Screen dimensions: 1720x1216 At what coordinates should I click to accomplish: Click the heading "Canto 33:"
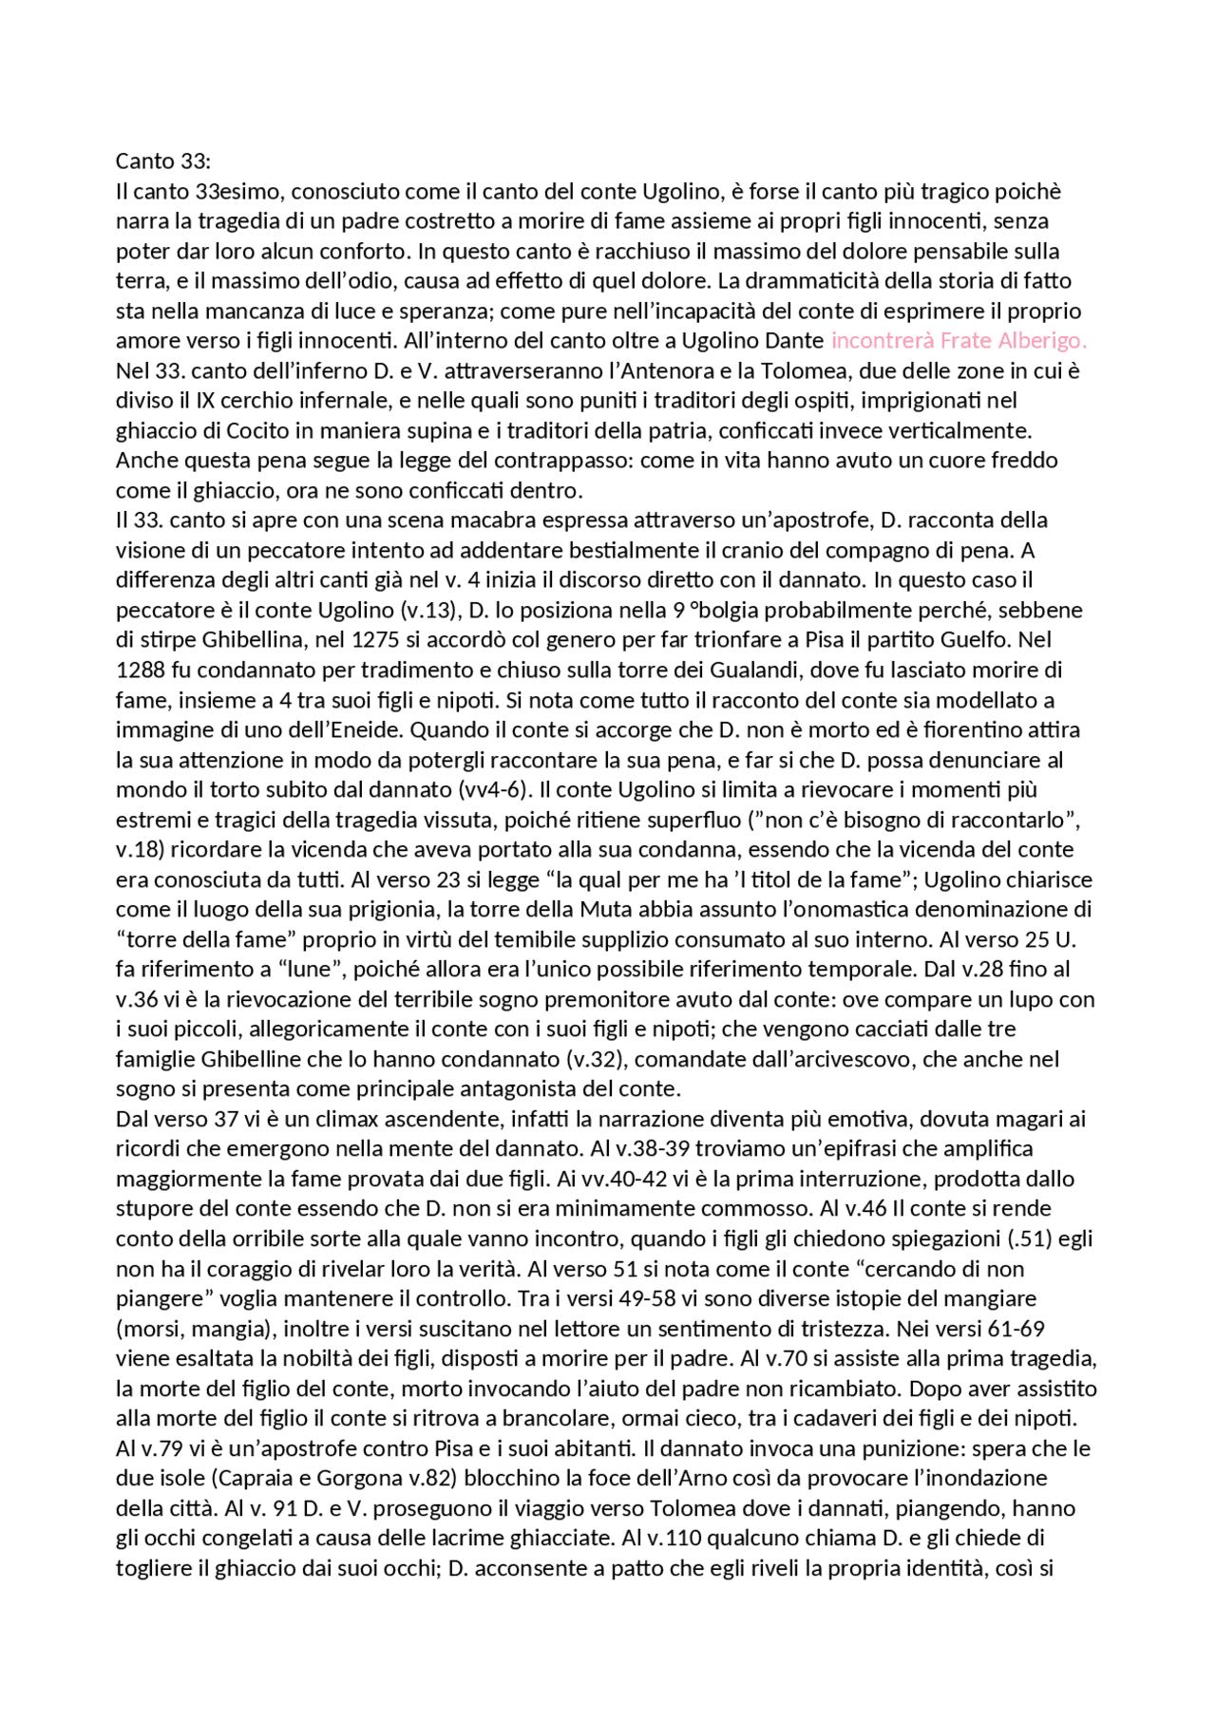tap(162, 161)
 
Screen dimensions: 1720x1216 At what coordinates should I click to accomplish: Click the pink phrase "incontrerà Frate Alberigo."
tap(958, 340)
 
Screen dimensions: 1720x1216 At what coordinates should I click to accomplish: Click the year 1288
tap(141, 670)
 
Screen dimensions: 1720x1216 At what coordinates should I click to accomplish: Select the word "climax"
tap(347, 1119)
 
